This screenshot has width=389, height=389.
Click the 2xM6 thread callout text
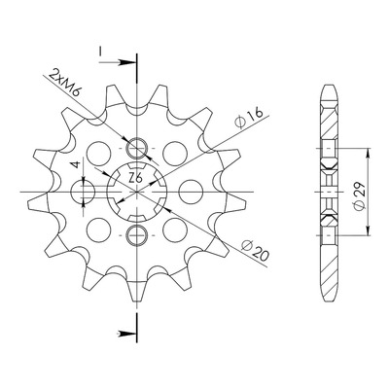(64, 83)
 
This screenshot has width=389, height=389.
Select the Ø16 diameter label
(249, 118)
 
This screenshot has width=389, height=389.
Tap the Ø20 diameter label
(256, 251)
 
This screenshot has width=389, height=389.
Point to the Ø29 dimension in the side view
(360, 195)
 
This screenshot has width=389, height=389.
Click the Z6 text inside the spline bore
(135, 178)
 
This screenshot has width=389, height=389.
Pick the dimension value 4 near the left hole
(76, 164)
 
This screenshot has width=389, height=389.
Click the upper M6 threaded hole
(137, 148)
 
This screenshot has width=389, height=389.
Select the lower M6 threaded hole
(136, 235)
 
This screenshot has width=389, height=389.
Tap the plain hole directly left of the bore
(83, 192)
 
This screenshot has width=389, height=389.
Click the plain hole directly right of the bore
(191, 192)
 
